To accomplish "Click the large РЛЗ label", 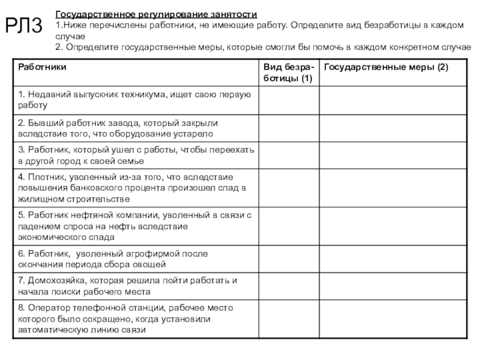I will point(25,26).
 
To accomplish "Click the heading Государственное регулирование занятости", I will point(157,13).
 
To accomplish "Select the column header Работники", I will point(42,66).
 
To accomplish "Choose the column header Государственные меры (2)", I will point(386,66).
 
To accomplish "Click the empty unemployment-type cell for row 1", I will point(288,100).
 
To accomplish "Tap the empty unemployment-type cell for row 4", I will point(288,188).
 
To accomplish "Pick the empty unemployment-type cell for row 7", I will point(288,286).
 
